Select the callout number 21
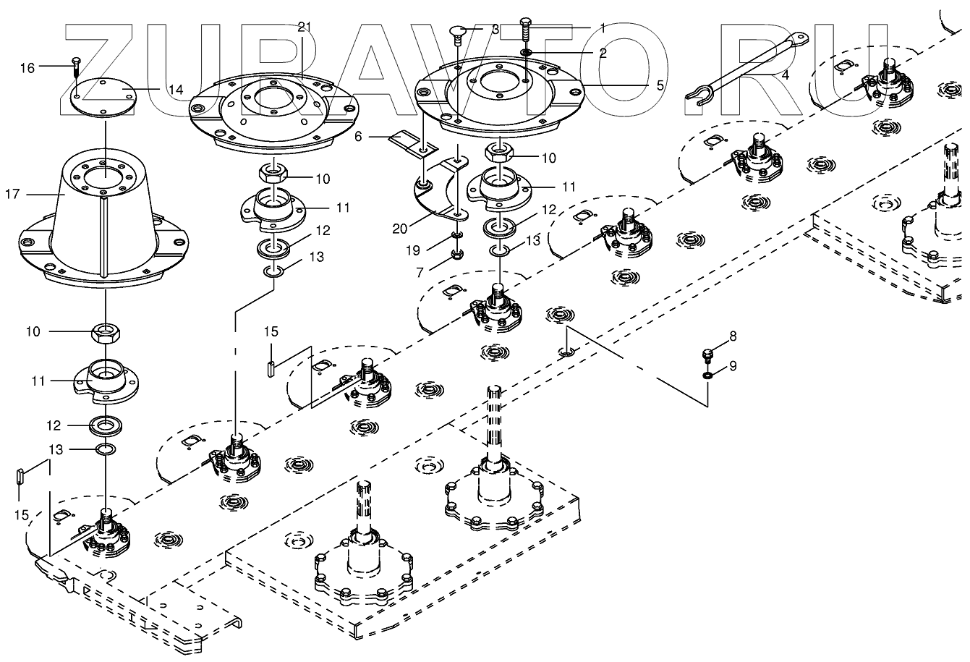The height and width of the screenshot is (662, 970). point(305,27)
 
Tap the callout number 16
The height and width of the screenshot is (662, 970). point(27,68)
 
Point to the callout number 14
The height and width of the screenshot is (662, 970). point(176,90)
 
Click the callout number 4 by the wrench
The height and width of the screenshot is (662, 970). point(785,75)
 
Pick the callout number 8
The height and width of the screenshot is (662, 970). point(733,336)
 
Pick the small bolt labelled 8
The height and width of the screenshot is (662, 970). point(707,355)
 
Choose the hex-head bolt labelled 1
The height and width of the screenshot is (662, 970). point(526,33)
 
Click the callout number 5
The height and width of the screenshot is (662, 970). point(660,84)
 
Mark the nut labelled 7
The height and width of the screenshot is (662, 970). point(457,253)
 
